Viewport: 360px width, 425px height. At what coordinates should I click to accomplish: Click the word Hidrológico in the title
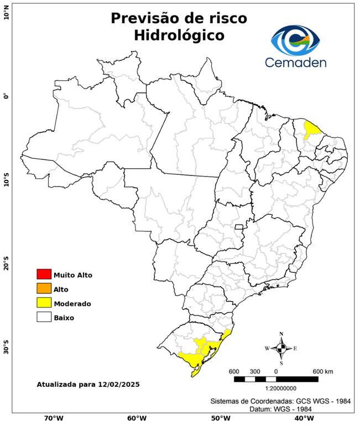click(179, 35)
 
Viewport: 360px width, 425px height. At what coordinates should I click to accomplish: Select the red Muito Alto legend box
click(44, 274)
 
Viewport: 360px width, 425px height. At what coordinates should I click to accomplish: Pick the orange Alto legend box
click(44, 288)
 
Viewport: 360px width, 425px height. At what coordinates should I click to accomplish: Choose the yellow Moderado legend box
click(44, 303)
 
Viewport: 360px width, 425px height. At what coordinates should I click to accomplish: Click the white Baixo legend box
click(44, 317)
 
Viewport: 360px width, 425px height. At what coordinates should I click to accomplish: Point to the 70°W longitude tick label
click(53, 418)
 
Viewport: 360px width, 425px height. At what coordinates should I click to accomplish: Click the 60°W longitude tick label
click(137, 418)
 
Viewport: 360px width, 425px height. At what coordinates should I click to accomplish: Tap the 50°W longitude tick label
click(220, 418)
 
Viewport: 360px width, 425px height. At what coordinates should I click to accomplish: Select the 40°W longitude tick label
click(302, 418)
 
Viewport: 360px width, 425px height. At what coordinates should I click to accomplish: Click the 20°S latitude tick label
click(6, 264)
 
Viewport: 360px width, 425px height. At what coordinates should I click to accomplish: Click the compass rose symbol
click(281, 348)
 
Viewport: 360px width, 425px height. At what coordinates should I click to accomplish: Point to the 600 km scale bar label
click(322, 371)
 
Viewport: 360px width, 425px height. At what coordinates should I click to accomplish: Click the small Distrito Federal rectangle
click(240, 226)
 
